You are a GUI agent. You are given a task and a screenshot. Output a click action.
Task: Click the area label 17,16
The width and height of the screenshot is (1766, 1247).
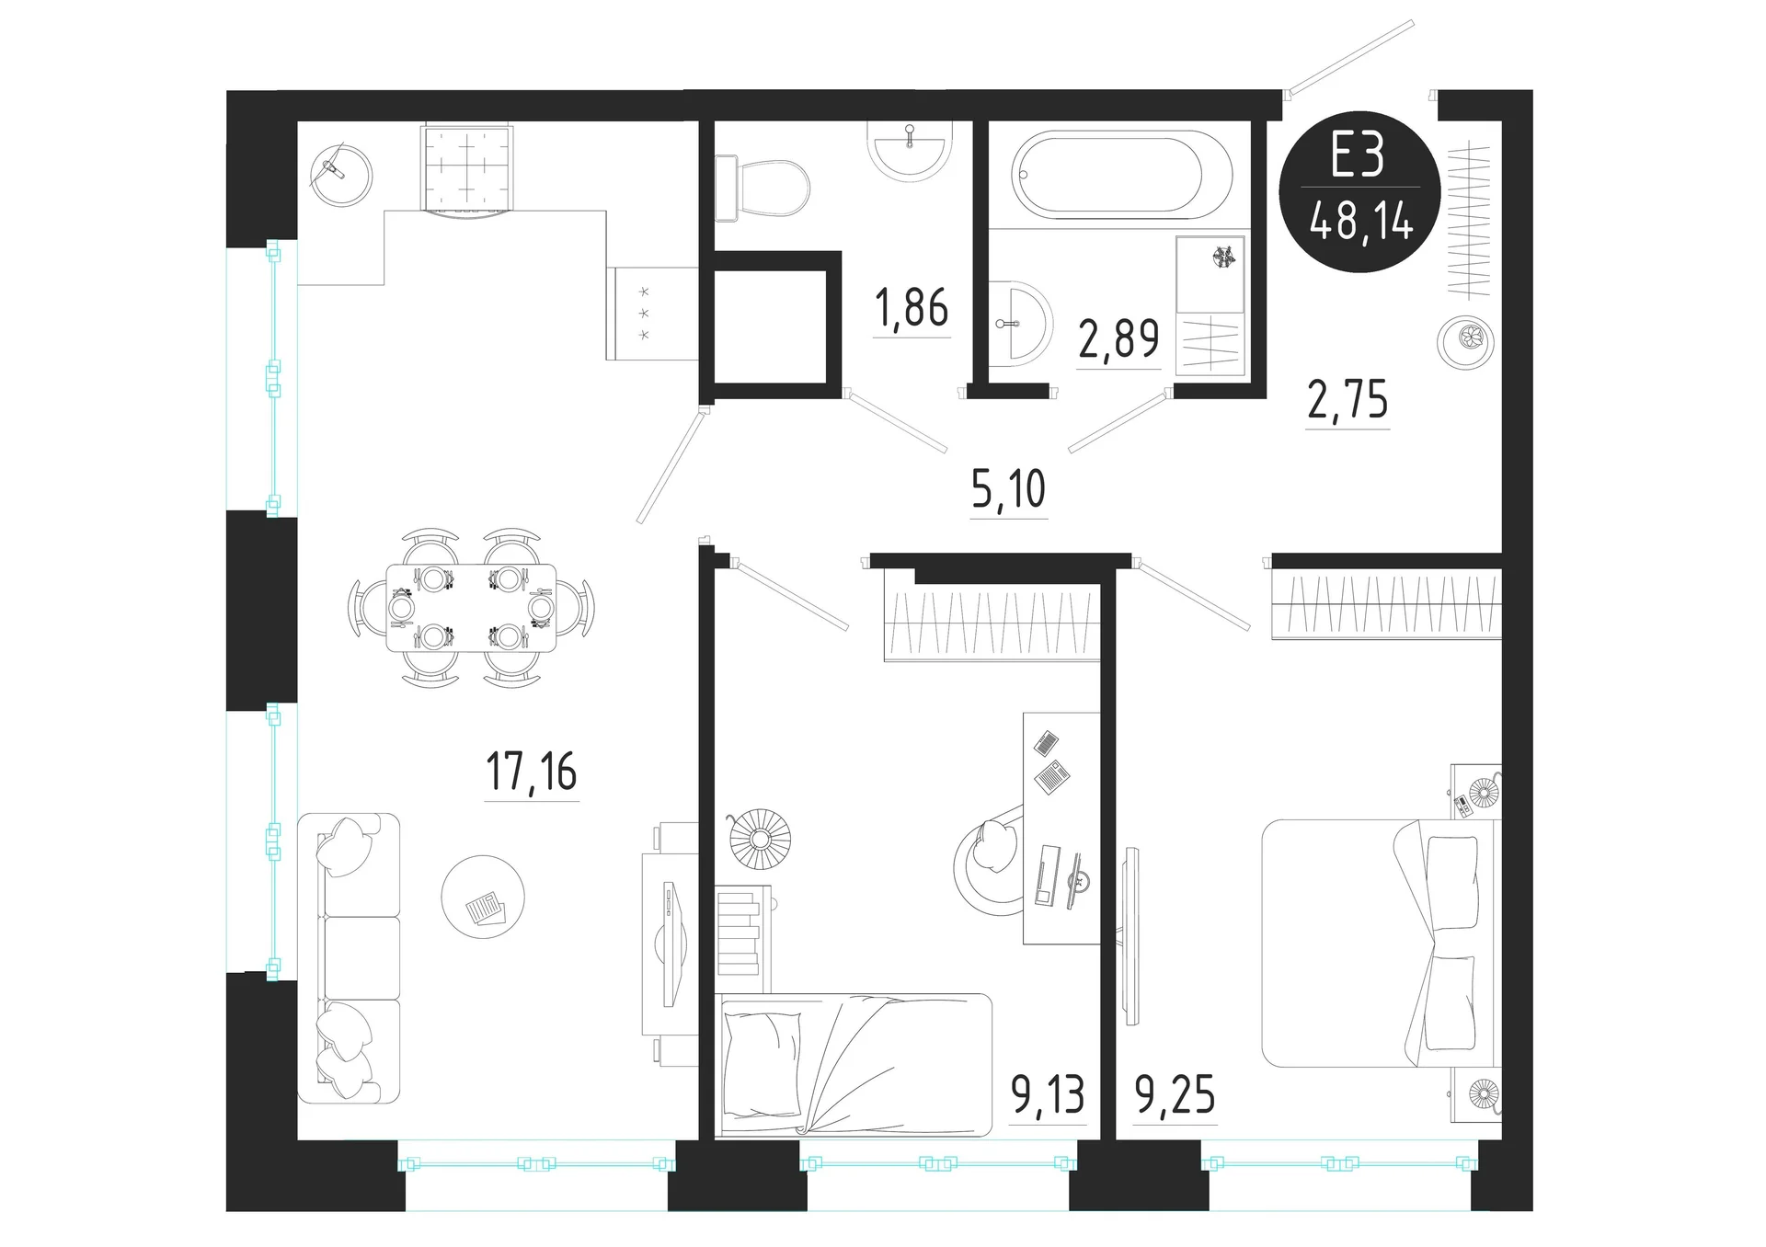[531, 771]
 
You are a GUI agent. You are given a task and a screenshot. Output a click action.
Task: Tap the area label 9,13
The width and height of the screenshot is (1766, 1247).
[1048, 1094]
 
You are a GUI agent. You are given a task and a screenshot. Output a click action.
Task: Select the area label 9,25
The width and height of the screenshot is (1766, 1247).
[1175, 1094]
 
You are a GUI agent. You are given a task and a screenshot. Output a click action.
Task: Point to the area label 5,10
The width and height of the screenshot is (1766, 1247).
[1008, 488]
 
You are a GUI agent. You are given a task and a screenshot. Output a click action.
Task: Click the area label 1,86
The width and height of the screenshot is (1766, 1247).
[912, 307]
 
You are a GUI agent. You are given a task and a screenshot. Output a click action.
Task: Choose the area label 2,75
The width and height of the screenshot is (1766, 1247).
[1347, 399]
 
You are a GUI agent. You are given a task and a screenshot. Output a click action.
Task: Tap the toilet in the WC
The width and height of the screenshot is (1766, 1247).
[762, 189]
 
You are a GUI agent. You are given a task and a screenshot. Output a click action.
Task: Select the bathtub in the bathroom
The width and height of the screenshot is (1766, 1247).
[1121, 175]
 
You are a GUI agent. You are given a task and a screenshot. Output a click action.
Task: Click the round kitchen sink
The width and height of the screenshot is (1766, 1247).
[341, 175]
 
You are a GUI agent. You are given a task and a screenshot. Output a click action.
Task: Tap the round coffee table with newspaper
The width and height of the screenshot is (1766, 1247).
[483, 897]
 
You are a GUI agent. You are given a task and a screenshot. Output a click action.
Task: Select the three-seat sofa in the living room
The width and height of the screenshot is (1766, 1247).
[349, 957]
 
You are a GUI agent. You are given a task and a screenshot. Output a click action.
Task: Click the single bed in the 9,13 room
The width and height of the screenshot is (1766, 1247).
[854, 1064]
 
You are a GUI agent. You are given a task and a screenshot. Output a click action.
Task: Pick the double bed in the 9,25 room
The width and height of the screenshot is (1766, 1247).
[1381, 944]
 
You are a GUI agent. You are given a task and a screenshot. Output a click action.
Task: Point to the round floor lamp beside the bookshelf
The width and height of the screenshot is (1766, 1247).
[760, 838]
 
